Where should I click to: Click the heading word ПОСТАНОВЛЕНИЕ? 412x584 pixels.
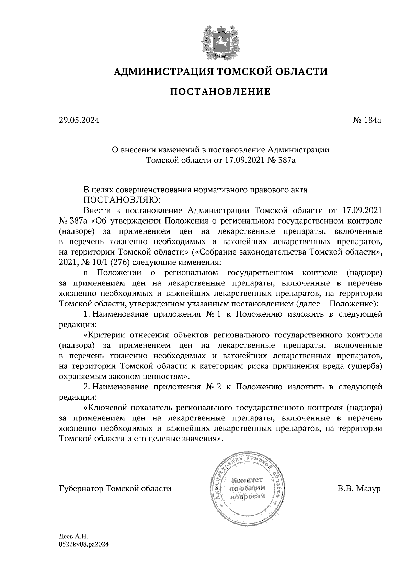(x=220, y=91)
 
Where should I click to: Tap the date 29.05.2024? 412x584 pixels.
(x=79, y=120)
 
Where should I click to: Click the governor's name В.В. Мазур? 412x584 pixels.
(x=359, y=488)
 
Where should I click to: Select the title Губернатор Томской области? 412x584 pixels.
(x=115, y=488)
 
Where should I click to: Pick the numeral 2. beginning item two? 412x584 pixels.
(x=87, y=387)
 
